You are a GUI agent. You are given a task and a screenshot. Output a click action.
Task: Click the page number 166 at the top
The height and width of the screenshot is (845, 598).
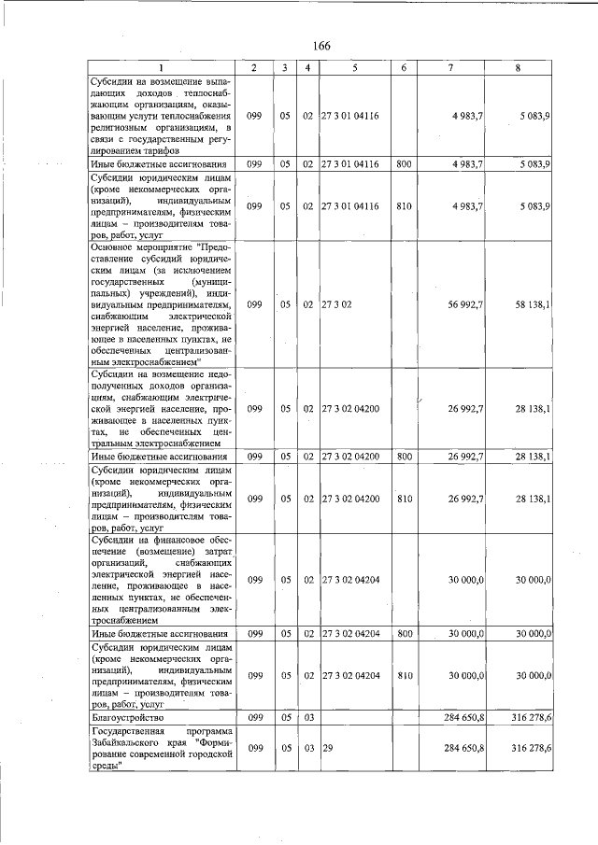pyautogui.click(x=321, y=47)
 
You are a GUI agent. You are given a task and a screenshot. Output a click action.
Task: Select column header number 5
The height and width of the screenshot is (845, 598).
pyautogui.click(x=354, y=67)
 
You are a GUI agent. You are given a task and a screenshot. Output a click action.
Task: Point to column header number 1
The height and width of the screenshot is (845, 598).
pyautogui.click(x=160, y=67)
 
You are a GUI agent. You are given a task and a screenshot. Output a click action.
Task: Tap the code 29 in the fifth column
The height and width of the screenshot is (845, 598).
pyautogui.click(x=328, y=748)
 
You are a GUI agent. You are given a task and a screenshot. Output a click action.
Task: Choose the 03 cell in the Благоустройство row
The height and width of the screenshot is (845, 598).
pyautogui.click(x=306, y=716)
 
